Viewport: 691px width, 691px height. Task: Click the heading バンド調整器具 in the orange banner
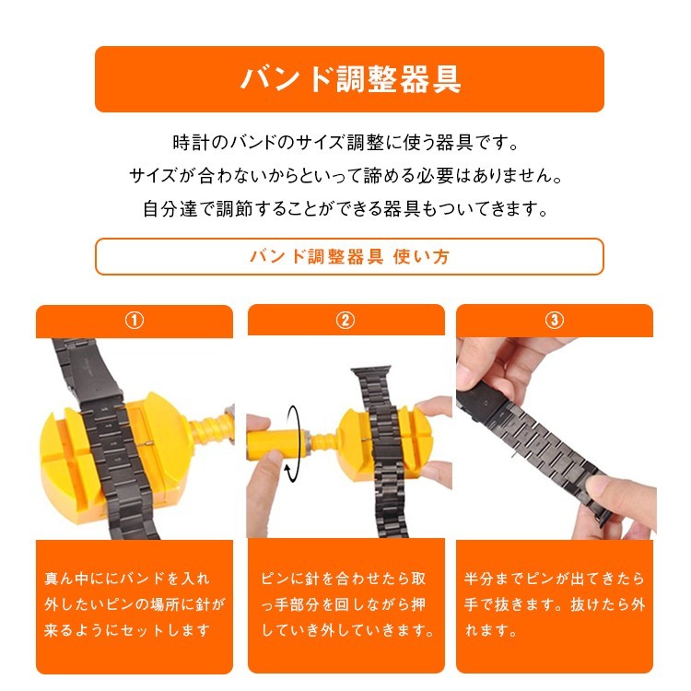click(349, 79)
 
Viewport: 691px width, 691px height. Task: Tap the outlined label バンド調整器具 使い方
click(349, 256)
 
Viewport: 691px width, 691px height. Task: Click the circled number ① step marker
click(135, 321)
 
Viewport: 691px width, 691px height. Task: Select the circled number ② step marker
click(345, 321)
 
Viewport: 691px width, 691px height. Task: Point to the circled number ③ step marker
click(555, 321)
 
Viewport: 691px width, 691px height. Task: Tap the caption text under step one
click(135, 604)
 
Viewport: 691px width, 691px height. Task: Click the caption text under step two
click(345, 604)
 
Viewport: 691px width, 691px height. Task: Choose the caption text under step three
click(555, 604)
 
